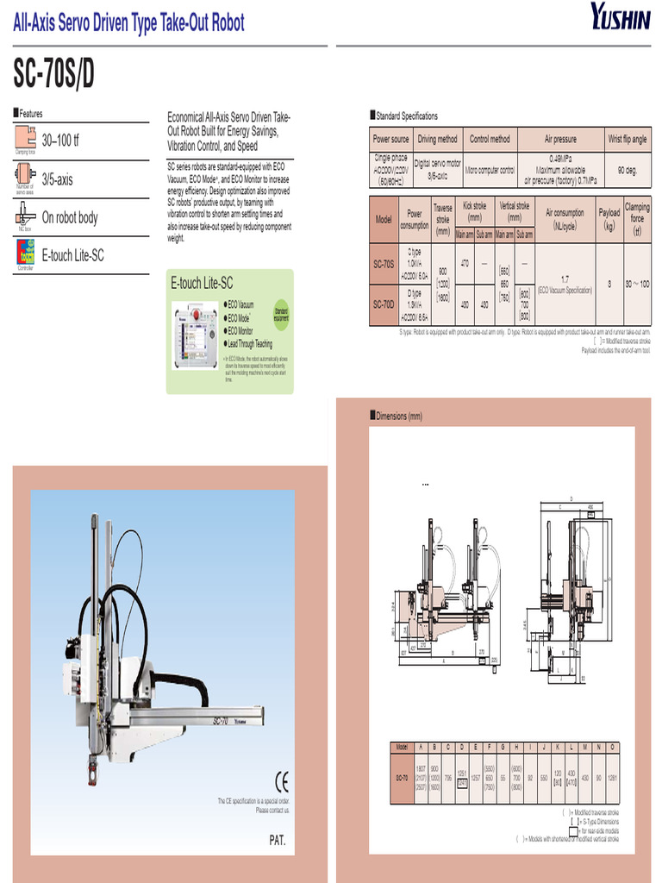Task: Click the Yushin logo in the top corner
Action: click(620, 16)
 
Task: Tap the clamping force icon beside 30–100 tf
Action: click(24, 139)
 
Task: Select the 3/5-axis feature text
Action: click(58, 180)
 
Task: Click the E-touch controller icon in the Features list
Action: click(26, 253)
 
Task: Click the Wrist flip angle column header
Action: click(627, 139)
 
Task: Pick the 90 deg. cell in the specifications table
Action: click(627, 171)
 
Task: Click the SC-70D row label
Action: click(384, 304)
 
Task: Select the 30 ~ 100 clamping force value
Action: click(637, 283)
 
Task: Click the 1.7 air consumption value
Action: click(565, 279)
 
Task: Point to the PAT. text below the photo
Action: click(278, 841)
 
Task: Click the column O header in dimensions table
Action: click(612, 747)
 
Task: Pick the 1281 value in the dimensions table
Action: click(612, 778)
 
